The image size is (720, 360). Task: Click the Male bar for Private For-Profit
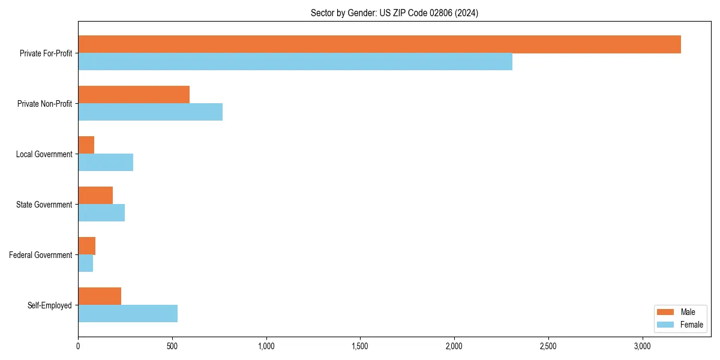(379, 44)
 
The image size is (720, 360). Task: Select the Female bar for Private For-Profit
(295, 62)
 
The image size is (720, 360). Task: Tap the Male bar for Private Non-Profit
(134, 95)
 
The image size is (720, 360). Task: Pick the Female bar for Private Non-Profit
(150, 112)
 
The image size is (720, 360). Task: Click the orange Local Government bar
(86, 145)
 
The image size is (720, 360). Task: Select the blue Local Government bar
(106, 163)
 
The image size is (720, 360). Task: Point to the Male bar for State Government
(95, 196)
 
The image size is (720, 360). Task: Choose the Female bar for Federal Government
(86, 263)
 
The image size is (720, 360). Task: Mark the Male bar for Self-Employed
(100, 296)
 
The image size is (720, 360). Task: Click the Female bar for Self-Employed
(128, 314)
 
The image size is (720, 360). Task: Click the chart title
(394, 13)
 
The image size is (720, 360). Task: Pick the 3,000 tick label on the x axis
(643, 346)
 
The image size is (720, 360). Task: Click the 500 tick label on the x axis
(172, 346)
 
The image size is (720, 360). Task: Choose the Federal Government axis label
(41, 255)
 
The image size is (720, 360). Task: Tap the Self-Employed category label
(50, 305)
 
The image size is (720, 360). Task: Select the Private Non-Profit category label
(44, 104)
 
